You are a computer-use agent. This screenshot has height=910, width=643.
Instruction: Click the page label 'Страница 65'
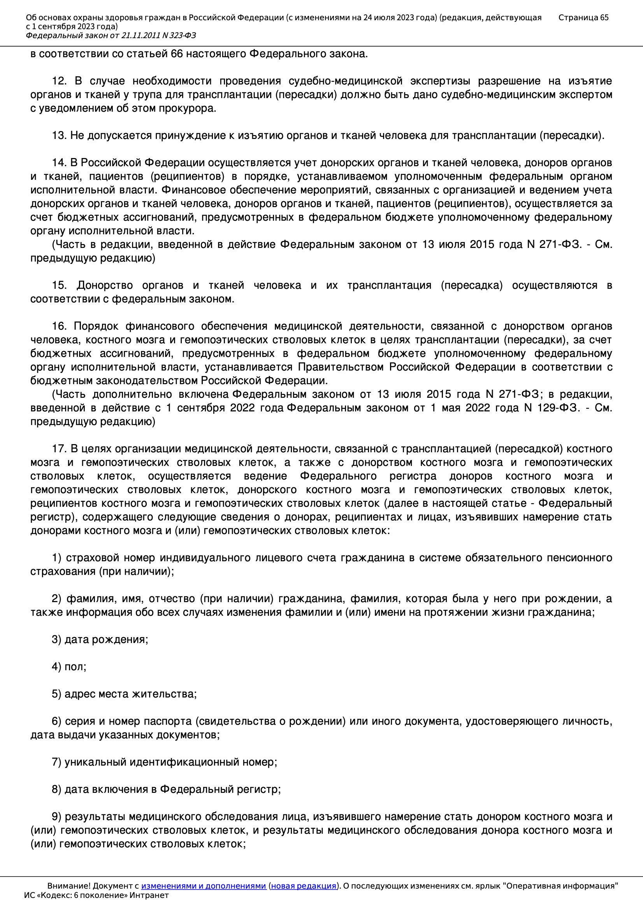coord(583,18)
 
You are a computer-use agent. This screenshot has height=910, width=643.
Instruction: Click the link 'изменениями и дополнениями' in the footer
coord(203,885)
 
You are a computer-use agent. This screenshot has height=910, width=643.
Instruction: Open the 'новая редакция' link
coord(303,885)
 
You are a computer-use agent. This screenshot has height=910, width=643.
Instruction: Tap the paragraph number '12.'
coord(59,81)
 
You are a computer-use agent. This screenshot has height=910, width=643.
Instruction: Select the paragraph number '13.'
coord(59,135)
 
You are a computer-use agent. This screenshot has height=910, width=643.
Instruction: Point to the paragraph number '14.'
coord(59,163)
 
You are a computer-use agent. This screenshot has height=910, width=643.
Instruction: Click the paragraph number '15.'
coord(59,285)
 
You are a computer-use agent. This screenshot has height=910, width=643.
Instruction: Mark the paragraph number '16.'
coord(59,326)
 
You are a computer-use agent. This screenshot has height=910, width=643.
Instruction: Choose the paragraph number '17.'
coord(59,449)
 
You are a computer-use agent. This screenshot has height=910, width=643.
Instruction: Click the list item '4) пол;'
coord(69,667)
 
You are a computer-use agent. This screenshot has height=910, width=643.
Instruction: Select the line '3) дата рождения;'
coord(100,639)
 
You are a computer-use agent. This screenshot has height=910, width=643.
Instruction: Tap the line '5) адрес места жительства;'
coord(124,694)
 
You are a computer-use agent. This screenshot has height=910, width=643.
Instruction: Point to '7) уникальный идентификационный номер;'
coord(165,762)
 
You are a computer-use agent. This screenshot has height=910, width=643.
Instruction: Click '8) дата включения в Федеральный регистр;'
coord(166,789)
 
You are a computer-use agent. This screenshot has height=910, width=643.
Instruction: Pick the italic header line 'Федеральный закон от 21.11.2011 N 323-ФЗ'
coord(111,35)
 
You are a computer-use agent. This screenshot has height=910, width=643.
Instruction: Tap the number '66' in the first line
coord(177,54)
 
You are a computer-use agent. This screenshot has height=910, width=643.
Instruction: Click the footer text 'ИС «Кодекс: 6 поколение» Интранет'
coord(96,895)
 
